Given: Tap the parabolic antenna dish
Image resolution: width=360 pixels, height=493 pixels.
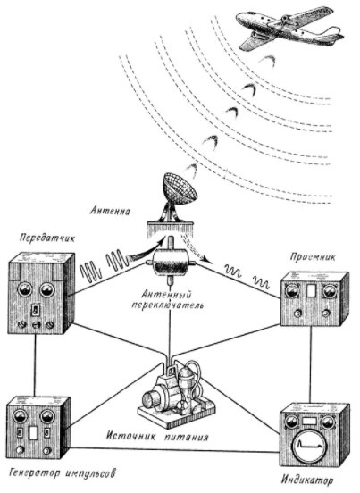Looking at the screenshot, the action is (x=180, y=188).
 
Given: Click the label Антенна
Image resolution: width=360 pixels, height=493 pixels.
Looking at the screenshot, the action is (x=110, y=211).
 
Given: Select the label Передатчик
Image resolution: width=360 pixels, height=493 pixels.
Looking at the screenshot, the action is (x=47, y=238).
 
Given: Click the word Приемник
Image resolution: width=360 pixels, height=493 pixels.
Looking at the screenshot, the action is (x=313, y=257).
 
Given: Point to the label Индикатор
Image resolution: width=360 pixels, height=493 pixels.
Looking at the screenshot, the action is (x=307, y=480).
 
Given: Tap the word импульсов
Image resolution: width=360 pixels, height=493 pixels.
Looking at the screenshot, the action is (x=90, y=472).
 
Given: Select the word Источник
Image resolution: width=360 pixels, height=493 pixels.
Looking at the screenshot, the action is (x=131, y=437).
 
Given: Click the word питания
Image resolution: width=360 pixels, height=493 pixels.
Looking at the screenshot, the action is (x=187, y=437).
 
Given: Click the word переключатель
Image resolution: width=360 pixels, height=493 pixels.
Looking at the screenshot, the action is (x=167, y=305).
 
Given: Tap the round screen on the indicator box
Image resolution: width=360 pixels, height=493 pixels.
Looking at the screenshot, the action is (x=311, y=445).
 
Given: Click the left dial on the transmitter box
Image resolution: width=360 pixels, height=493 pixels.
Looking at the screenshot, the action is (x=25, y=289).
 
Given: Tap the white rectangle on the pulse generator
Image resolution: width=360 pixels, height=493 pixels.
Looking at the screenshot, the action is (x=33, y=432).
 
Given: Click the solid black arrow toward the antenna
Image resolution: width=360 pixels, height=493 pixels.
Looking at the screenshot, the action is (x=147, y=250).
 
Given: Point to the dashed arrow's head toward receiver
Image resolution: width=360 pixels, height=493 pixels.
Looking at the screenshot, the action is (x=205, y=260).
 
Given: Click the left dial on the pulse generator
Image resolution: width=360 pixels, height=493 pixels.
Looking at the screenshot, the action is (x=18, y=416).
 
